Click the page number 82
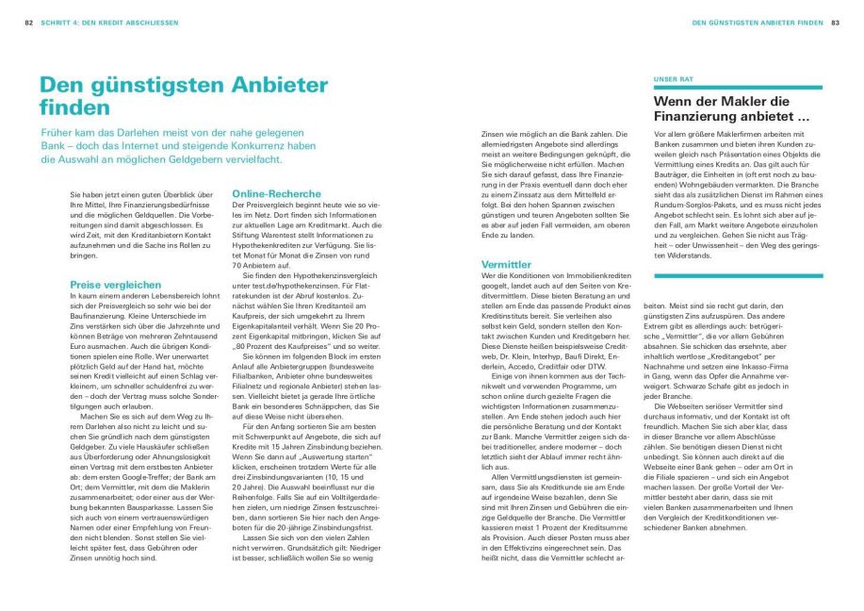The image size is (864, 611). [x=28, y=22]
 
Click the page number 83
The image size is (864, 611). [x=835, y=22]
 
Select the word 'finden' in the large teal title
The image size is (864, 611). [x=71, y=108]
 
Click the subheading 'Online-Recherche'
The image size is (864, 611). [x=277, y=193]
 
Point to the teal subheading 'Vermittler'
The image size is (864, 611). [x=506, y=265]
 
